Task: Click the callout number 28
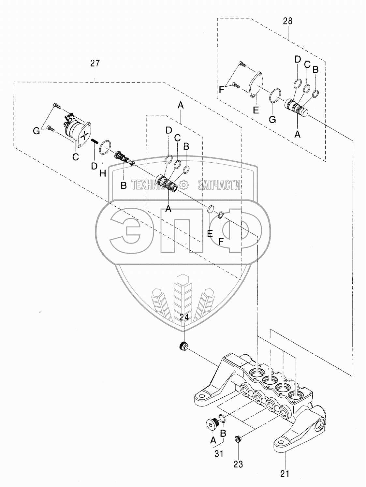[x=288, y=21]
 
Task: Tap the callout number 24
[x=184, y=317]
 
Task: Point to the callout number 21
[x=285, y=473]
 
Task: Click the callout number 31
[x=219, y=453]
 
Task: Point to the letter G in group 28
[x=272, y=120]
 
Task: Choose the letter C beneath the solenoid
[x=76, y=157]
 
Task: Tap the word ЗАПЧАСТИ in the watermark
[x=219, y=185]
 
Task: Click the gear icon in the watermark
[x=184, y=185]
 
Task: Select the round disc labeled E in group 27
[x=211, y=209]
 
